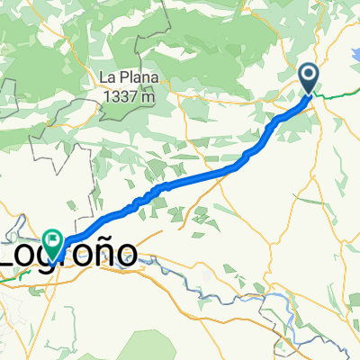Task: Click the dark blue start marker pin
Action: tap(308, 78)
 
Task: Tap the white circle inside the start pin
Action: tap(308, 74)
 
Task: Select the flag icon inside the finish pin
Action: tap(53, 239)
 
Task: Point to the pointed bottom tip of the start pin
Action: tap(308, 94)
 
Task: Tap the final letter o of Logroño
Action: tap(127, 255)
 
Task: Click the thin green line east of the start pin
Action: tap(337, 94)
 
